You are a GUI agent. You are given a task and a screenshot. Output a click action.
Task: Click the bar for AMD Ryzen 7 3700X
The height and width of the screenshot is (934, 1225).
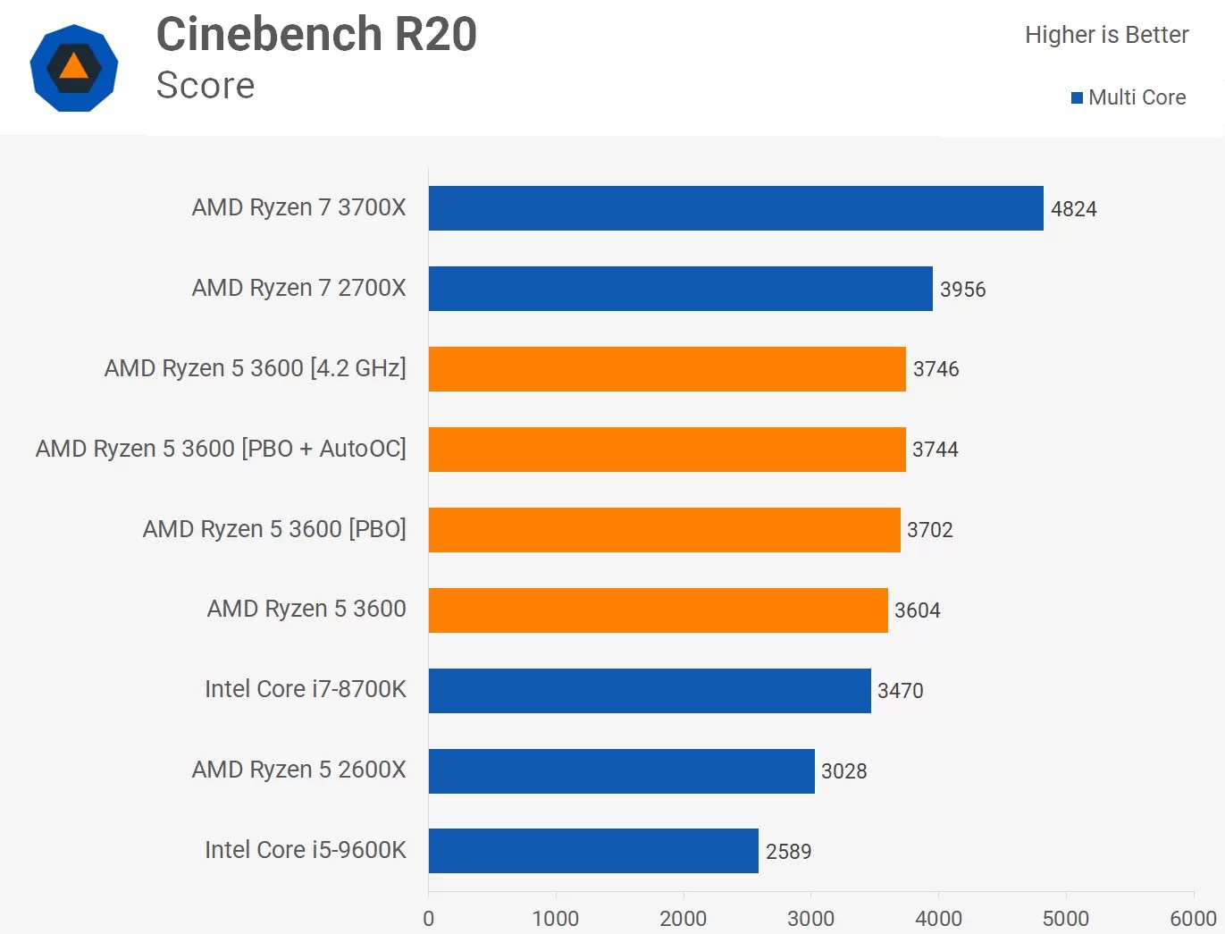click(x=735, y=208)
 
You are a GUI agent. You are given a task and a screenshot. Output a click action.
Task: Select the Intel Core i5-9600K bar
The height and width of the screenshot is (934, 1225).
click(x=593, y=851)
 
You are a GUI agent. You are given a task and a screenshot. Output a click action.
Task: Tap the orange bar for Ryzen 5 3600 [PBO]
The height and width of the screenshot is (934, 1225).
click(x=664, y=530)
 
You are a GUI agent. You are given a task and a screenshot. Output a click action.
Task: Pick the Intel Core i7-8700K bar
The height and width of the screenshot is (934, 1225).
click(x=650, y=691)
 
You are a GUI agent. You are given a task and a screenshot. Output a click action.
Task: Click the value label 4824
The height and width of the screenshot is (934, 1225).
click(x=1073, y=209)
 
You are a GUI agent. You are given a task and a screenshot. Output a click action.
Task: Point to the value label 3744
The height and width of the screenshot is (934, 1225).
click(x=935, y=450)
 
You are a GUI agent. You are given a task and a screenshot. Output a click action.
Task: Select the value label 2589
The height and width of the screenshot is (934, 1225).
click(x=788, y=852)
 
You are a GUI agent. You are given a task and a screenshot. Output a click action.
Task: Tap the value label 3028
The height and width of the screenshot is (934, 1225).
click(x=843, y=771)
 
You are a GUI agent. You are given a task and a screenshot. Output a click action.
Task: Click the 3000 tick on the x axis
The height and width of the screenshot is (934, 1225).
click(x=810, y=918)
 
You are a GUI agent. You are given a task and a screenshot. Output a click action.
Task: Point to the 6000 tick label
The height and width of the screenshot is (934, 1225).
click(x=1193, y=918)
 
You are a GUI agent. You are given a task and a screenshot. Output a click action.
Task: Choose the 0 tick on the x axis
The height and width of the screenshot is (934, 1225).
click(x=429, y=918)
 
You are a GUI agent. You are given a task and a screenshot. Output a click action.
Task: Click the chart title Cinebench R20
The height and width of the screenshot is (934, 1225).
click(x=316, y=35)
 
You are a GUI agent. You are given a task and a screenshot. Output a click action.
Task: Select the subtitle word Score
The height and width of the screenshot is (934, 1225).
click(x=206, y=86)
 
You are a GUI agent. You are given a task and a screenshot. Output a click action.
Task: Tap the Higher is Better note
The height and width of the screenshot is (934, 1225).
click(x=1106, y=35)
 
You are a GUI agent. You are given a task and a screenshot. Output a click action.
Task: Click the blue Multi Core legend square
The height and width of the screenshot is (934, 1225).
click(x=1077, y=97)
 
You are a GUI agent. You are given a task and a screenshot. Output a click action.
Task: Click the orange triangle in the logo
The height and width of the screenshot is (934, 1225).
click(x=73, y=67)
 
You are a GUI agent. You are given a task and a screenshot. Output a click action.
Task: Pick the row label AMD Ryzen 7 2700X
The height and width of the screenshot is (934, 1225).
click(x=298, y=288)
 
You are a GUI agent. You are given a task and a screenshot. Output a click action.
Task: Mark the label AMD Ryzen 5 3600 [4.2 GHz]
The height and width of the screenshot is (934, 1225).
click(x=255, y=368)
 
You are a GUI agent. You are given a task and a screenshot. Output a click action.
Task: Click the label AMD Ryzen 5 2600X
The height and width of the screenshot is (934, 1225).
click(x=298, y=770)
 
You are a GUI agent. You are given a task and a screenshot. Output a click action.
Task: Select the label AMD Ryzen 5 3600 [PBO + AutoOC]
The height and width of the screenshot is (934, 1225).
click(x=221, y=449)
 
